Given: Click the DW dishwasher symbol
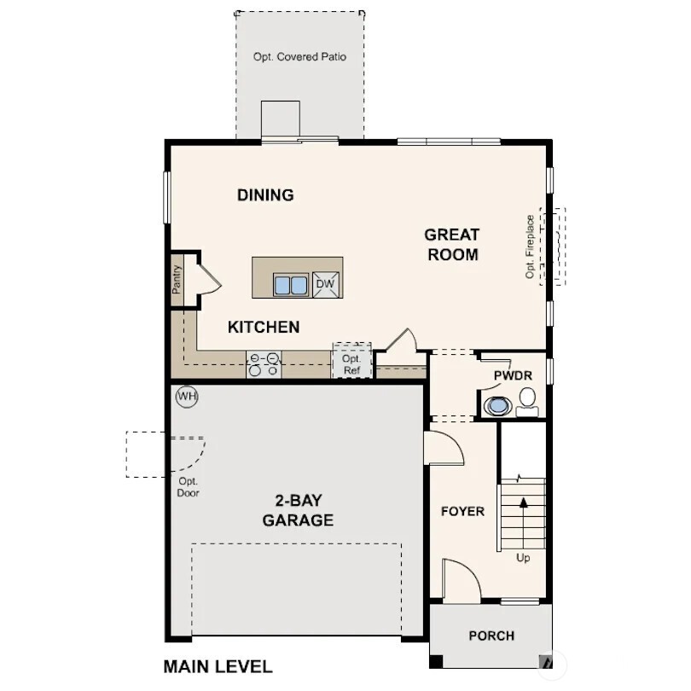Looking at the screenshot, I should [x=324, y=285].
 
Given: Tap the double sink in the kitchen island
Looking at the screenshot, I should [x=290, y=285].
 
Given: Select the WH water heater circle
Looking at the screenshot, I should [x=187, y=397].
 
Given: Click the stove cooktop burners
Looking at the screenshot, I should [x=264, y=364].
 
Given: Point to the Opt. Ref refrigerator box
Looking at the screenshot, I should [x=352, y=364].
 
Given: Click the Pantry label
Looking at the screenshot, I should [x=177, y=279].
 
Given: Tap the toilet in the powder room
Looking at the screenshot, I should [x=527, y=399].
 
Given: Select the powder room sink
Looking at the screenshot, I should [x=496, y=405].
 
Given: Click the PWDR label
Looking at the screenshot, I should [x=513, y=376].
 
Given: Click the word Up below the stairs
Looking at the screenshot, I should [x=524, y=558].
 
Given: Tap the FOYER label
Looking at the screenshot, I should [x=462, y=512].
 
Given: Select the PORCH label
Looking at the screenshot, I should [x=491, y=636].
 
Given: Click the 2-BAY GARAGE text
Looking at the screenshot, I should [x=298, y=510].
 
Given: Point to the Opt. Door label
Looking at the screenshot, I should [x=188, y=487].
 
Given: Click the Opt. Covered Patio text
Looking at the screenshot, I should [x=299, y=57].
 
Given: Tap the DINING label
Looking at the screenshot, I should [x=265, y=195].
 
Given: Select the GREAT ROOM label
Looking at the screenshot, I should [x=452, y=244].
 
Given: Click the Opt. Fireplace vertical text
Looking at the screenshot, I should [x=530, y=247].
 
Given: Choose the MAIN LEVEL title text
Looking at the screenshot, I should [x=218, y=667].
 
